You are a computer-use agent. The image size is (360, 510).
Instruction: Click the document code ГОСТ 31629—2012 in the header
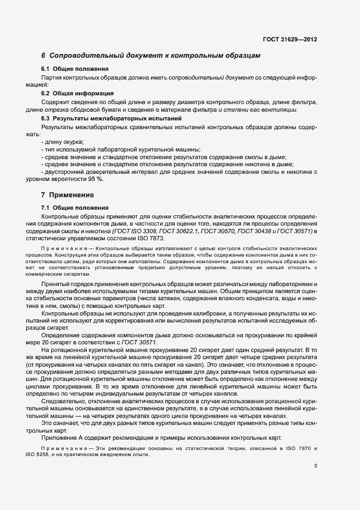(290, 40)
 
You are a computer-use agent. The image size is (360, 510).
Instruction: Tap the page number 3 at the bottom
(315, 465)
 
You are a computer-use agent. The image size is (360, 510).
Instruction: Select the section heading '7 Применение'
(68, 195)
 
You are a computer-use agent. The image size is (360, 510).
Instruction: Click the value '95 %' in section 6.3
(96, 179)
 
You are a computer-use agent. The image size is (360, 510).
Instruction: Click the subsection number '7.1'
(46, 208)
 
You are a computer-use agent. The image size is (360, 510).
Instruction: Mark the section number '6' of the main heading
(43, 56)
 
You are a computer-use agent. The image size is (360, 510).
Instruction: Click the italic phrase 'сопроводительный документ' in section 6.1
(210, 77)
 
